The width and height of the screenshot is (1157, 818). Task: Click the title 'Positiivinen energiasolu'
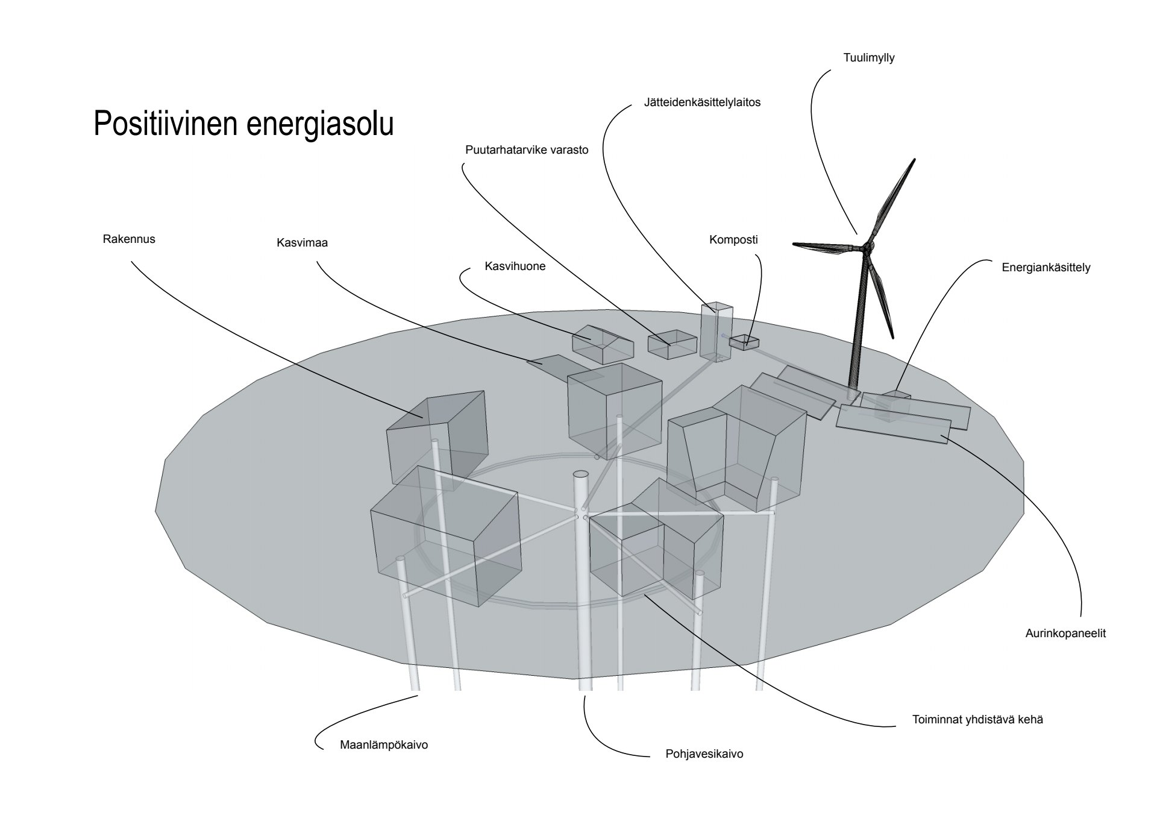coord(243,124)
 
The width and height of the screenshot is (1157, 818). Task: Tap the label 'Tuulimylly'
coord(868,58)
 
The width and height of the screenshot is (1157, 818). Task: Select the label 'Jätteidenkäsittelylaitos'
coord(702,102)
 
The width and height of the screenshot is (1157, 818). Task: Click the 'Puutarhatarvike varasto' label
coord(527,150)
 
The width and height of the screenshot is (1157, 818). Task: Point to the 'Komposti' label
coord(733,240)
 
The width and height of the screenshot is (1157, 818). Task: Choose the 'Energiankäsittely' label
coord(1046,268)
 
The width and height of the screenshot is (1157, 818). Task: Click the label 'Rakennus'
coord(129,239)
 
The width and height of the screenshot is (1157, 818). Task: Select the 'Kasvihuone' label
coord(515,266)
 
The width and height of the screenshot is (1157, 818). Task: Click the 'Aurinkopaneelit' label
coord(1065,634)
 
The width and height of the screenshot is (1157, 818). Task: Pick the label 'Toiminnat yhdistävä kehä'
coord(977,720)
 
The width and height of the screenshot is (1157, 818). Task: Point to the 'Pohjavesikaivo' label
coord(704,754)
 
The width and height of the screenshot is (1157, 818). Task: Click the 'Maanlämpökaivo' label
coord(384,745)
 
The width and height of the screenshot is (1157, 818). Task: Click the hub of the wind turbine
coord(868,246)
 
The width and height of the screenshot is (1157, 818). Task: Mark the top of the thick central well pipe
coord(581,475)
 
